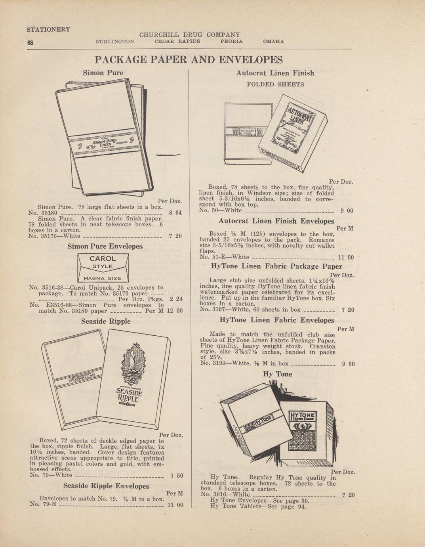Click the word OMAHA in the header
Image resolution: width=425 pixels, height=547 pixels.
pyautogui.click(x=273, y=41)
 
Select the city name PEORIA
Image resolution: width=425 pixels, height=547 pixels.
pyautogui.click(x=231, y=41)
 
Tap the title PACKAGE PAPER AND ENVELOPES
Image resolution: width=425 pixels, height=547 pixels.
pyautogui.click(x=189, y=60)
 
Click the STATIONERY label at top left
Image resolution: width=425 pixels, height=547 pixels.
pyautogui.click(x=48, y=29)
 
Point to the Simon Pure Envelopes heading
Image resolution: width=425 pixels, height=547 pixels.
pyautogui.click(x=105, y=246)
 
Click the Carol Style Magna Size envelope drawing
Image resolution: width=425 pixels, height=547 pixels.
pyautogui.click(x=103, y=268)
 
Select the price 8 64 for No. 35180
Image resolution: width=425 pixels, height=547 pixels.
pyautogui.click(x=175, y=213)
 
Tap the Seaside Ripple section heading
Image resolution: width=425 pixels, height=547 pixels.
pyautogui.click(x=105, y=321)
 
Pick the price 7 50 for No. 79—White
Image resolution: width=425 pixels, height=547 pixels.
pyautogui.click(x=176, y=475)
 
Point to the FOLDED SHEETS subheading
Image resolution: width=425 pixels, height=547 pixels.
pyautogui.click(x=275, y=84)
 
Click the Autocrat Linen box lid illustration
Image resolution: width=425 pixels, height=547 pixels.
pyautogui.click(x=293, y=133)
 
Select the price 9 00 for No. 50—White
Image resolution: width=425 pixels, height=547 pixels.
pyautogui.click(x=347, y=211)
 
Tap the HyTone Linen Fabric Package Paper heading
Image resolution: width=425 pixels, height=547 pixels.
pyautogui.click(x=276, y=266)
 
